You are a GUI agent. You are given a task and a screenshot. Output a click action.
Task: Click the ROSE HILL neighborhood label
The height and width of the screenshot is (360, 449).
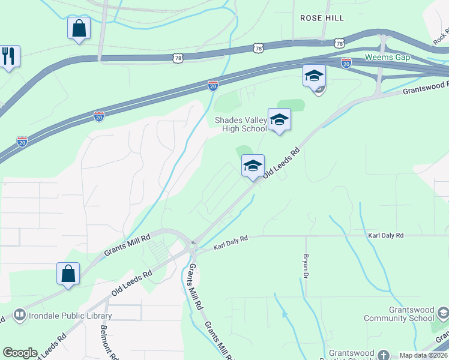pyautogui.click(x=322, y=18)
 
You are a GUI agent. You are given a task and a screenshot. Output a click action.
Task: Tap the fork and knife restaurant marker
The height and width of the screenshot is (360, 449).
pyautogui.click(x=8, y=57)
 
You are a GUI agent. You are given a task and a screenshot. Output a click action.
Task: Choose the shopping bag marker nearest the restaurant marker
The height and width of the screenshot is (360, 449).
pyautogui.click(x=79, y=28)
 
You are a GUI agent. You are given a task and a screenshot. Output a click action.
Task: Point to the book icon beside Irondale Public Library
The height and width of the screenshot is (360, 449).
pyautogui.click(x=19, y=315)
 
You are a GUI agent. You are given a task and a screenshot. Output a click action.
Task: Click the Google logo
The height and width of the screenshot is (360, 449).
pyautogui.click(x=20, y=353)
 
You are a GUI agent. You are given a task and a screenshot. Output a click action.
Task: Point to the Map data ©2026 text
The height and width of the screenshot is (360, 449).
pyautogui.click(x=423, y=355)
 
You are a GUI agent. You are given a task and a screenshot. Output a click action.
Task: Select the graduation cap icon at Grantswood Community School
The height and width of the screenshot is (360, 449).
pyautogui.click(x=443, y=313)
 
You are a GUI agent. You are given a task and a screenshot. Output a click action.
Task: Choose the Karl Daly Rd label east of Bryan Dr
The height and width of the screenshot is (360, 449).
pyautogui.click(x=386, y=236)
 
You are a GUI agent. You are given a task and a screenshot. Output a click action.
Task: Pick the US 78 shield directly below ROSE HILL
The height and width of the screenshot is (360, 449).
pyautogui.click(x=339, y=43)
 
